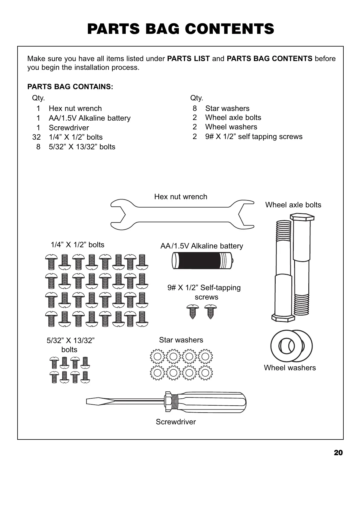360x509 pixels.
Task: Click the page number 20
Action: [x=338, y=452]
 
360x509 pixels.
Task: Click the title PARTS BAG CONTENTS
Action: [x=180, y=29]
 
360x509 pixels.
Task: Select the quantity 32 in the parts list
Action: [x=36, y=137]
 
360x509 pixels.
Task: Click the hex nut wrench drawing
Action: [x=182, y=214]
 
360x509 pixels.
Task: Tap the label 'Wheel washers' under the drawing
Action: [x=290, y=368]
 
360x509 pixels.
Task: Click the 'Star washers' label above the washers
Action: [x=181, y=340]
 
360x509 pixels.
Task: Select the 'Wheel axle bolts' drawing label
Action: [x=293, y=205]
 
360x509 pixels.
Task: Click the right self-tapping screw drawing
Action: [x=210, y=312]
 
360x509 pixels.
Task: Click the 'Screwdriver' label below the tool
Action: [x=176, y=422]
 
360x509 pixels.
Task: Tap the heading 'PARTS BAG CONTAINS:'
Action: [x=70, y=87]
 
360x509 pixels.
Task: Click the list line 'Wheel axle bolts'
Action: [x=233, y=118]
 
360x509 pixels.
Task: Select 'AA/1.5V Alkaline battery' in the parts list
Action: [x=89, y=118]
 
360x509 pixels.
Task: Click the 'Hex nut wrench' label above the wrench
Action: [x=181, y=197]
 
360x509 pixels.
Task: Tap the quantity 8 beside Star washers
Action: [x=195, y=109]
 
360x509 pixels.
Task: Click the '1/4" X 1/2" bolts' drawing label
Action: [x=77, y=245]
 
